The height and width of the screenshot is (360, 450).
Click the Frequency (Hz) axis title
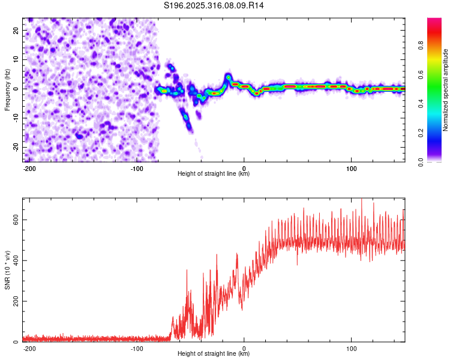pyautogui.click(x=7, y=89)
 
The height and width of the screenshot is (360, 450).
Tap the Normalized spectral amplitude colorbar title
pyautogui.click(x=446, y=90)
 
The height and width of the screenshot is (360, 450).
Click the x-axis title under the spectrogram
pyautogui.click(x=214, y=174)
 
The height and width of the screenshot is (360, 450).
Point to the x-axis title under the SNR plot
pyautogui.click(x=214, y=354)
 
